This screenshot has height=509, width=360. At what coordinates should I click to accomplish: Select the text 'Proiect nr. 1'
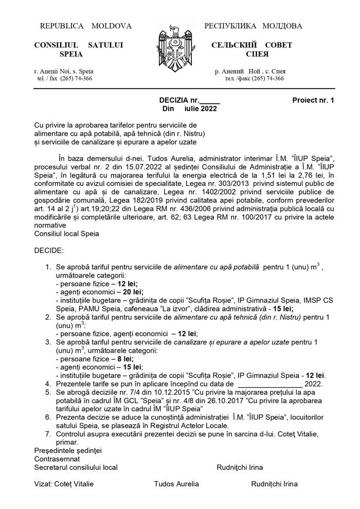[x=313, y=101]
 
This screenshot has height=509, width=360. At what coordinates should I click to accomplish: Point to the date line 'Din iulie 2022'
[x=189, y=109]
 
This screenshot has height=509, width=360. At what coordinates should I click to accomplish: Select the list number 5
[x=48, y=392]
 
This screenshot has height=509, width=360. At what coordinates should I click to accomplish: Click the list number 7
[x=48, y=434]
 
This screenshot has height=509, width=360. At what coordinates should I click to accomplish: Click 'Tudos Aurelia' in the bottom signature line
[x=176, y=484]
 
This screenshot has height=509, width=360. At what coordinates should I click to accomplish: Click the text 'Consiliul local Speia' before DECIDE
[x=67, y=233]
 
